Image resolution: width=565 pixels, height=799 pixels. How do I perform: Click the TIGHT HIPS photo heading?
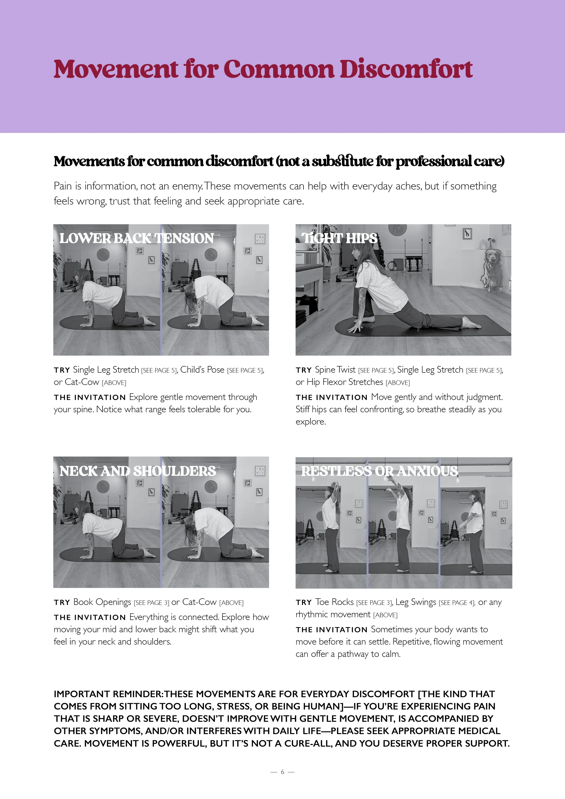point(340,238)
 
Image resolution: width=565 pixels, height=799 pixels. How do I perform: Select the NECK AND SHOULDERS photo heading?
point(138,471)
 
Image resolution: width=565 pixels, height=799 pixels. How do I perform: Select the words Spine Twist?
point(335,370)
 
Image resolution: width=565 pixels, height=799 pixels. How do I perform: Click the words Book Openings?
point(102,602)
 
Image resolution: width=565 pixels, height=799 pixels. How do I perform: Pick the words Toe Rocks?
point(334,602)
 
